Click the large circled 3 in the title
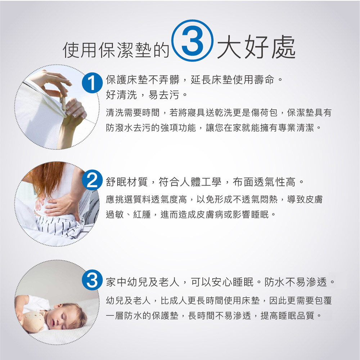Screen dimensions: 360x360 click(192, 40)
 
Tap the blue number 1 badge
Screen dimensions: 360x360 click(92, 83)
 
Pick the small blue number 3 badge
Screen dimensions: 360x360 click(92, 280)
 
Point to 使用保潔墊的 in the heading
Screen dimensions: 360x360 click(116, 50)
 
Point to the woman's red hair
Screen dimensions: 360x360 click(46, 177)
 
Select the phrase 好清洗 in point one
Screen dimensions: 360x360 click(121, 95)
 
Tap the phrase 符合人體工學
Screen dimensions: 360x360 click(190, 182)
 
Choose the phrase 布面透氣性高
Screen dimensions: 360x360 click(264, 182)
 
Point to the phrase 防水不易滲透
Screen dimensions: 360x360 click(296, 282)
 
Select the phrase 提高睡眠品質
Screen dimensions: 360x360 click(287, 316)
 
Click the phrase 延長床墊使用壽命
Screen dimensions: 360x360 click(232, 80)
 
